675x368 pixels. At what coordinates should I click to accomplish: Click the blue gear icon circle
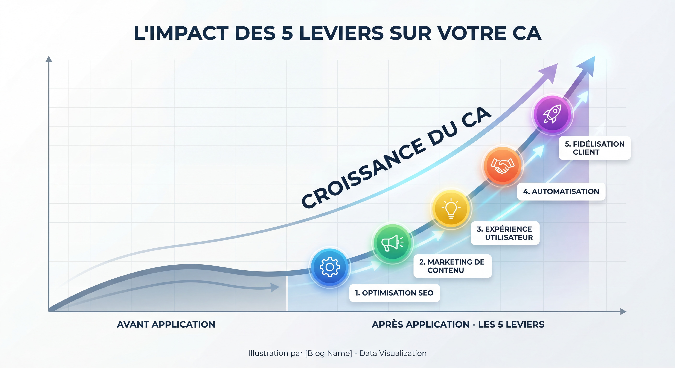[330, 267]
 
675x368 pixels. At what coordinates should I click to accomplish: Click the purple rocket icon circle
[552, 114]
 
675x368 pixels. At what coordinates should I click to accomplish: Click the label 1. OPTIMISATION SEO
[394, 293]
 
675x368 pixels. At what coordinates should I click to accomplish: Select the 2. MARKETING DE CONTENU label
[452, 266]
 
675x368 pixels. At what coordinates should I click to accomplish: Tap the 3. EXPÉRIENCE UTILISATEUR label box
[505, 233]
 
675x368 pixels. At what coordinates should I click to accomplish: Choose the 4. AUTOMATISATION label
[561, 191]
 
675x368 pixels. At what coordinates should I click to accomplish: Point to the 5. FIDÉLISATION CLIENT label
[594, 148]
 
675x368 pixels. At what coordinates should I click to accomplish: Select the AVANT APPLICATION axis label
[166, 325]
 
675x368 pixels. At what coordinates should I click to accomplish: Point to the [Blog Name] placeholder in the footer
[328, 353]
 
